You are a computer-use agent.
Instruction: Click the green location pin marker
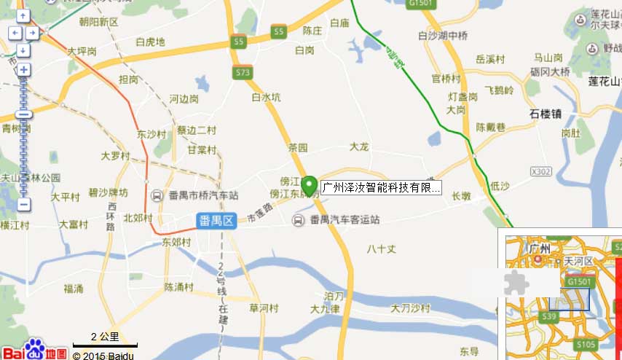pos(309,184)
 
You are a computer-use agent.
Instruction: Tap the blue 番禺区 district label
pos(217,221)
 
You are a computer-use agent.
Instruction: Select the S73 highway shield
pos(243,73)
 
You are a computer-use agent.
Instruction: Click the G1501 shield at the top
pos(422,4)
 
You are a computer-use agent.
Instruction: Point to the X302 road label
pos(541,171)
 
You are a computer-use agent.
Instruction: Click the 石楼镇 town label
pos(546,114)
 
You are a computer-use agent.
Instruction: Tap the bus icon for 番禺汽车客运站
pos(299,220)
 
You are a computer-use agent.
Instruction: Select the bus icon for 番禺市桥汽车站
pos(157,195)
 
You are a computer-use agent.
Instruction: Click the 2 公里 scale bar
pos(105,340)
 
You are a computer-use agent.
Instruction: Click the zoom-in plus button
pos(23,70)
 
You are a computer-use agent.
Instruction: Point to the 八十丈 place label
pos(382,249)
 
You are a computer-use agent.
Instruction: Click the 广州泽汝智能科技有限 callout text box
pos(380,187)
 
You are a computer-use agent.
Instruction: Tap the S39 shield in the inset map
pos(550,316)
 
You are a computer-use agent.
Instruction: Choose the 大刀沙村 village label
pos(411,308)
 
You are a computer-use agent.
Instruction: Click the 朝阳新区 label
pos(98,23)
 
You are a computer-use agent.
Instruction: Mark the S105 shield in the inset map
pos(586,344)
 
